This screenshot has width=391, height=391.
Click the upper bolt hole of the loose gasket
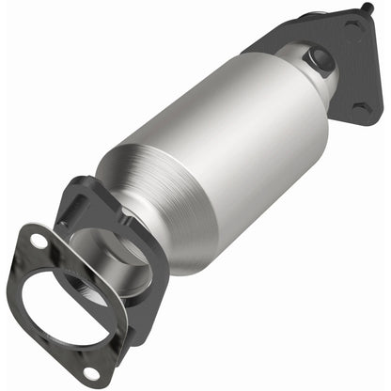pos(39,242)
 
